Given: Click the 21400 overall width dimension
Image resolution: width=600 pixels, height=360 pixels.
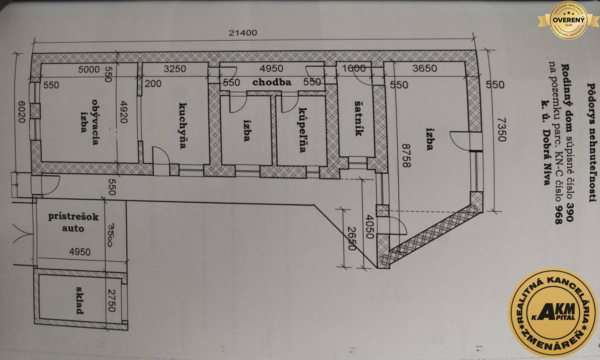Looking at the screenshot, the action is click(243, 33).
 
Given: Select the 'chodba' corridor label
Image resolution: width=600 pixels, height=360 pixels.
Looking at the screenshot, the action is click(272, 82).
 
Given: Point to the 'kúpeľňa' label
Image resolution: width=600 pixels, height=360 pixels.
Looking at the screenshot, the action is click(302, 130).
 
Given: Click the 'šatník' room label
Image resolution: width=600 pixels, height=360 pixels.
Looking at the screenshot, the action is click(358, 118).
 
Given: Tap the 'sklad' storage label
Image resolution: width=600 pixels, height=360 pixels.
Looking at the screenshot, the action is click(79, 300).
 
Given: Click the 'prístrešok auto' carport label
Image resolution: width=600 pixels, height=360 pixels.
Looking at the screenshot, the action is click(73, 222).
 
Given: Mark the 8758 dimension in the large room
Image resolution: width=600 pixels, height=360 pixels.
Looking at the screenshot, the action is click(406, 155).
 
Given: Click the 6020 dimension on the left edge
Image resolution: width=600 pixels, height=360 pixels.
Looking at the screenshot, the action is click(21, 112).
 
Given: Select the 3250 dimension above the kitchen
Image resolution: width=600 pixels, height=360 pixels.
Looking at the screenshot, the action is click(175, 69).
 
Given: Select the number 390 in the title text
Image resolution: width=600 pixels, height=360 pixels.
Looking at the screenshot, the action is click(570, 212).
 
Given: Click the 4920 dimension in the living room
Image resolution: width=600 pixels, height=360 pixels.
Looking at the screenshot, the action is click(123, 112).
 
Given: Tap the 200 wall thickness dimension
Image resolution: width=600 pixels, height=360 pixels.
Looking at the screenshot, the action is click(153, 83).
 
